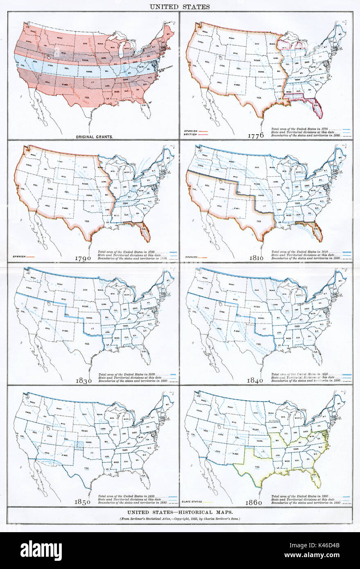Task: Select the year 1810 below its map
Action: tap(258, 258)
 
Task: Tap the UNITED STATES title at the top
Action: tap(180, 7)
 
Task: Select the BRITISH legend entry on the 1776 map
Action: tap(191, 134)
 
